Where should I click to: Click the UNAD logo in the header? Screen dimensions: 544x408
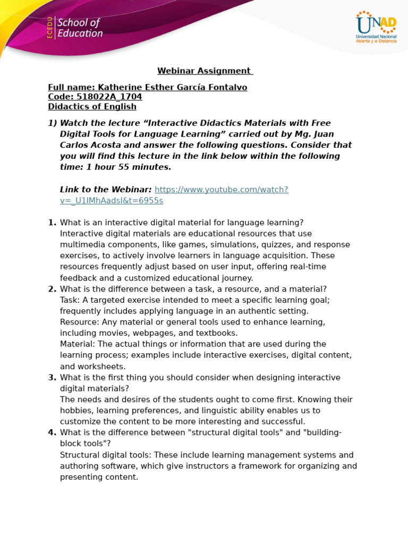coord(376,27)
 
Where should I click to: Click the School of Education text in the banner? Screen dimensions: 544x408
coord(79,28)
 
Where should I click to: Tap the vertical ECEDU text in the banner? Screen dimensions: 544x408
coord(50,28)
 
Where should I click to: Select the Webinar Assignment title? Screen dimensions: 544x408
coord(205,71)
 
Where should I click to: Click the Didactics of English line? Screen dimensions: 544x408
coord(92,106)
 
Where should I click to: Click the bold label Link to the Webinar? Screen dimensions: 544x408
coord(105,190)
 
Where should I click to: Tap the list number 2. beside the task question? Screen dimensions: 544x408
coord(52,289)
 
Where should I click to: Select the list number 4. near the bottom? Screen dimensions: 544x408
coord(52,432)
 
